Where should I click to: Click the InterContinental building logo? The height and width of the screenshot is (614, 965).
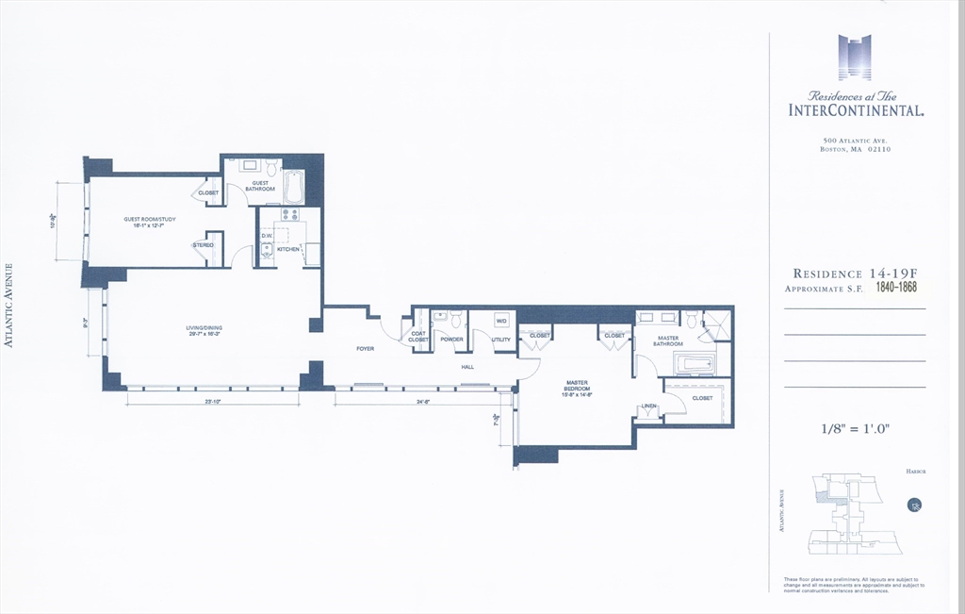(x=854, y=57)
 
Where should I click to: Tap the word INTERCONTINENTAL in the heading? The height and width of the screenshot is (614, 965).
(x=855, y=110)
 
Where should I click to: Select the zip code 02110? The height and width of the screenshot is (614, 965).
(x=875, y=149)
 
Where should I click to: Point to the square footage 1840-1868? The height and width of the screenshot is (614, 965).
(x=896, y=287)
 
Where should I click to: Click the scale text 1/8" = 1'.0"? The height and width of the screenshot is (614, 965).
(x=855, y=429)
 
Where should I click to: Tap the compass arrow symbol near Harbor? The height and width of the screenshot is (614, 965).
(x=913, y=505)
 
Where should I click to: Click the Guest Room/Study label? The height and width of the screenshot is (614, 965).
(x=150, y=223)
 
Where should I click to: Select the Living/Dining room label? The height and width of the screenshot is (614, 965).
(x=204, y=330)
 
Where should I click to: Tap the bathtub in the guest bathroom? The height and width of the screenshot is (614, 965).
(x=293, y=187)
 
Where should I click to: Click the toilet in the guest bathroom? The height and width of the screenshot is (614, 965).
(x=271, y=169)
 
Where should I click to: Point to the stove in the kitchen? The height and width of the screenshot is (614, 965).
(x=289, y=215)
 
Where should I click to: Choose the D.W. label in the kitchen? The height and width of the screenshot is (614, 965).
(x=267, y=236)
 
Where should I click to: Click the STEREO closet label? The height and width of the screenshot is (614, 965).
(x=204, y=245)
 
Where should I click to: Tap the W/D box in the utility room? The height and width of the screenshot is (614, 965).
(x=501, y=319)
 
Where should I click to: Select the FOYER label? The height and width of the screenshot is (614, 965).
(x=365, y=349)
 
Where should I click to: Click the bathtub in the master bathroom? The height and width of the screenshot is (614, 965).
(x=696, y=364)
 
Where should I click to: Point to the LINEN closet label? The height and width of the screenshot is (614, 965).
(x=648, y=407)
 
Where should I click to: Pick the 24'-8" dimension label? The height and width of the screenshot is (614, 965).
(x=423, y=402)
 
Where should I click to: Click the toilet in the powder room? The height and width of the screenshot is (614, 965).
(x=455, y=320)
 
